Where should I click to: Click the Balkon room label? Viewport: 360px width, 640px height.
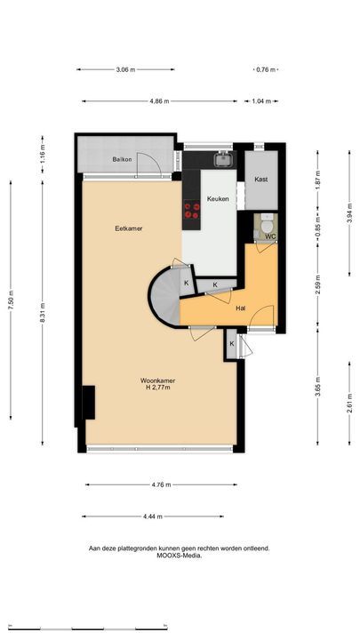tap(122, 159)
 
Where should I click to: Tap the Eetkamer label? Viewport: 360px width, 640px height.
tap(129, 228)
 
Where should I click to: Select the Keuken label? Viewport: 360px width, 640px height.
tap(218, 199)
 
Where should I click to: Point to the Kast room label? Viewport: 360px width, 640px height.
tap(261, 180)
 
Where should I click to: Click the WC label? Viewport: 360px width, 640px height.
tap(270, 236)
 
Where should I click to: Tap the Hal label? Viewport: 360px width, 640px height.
tap(241, 309)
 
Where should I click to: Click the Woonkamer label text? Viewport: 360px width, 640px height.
tap(158, 380)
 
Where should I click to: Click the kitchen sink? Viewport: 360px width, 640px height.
tap(224, 159)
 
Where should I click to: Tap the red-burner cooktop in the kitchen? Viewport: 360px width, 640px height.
tap(191, 210)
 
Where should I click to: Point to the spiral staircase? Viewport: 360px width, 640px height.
tap(165, 296)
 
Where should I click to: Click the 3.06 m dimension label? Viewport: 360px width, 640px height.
tap(125, 69)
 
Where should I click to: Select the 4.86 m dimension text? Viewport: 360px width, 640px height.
tap(159, 101)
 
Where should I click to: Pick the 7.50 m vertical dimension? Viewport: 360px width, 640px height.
tap(11, 300)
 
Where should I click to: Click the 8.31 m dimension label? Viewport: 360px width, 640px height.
tap(43, 314)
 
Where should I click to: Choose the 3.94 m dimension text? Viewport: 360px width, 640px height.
tap(350, 213)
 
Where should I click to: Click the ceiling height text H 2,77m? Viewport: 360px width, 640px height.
tap(158, 388)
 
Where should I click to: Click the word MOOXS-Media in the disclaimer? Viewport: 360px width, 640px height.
tap(180, 556)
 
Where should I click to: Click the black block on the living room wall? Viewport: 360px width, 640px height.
tap(89, 403)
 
